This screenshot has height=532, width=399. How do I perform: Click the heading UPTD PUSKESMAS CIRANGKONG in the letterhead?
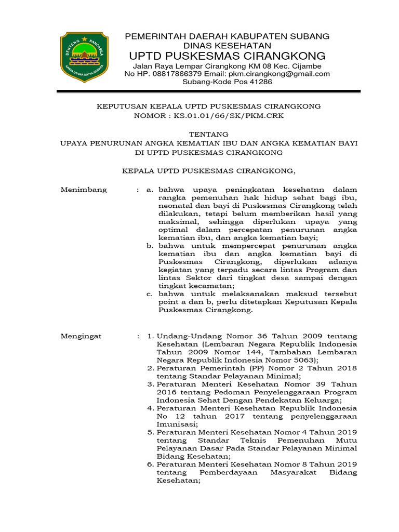[x=228, y=56]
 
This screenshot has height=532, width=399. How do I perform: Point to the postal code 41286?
[x=260, y=82]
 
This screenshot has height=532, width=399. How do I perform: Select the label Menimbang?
[x=84, y=190]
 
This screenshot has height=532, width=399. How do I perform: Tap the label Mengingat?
[x=82, y=336]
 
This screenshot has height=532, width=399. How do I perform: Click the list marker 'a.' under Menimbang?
[x=150, y=190]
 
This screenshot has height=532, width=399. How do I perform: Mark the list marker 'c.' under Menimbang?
[x=150, y=294]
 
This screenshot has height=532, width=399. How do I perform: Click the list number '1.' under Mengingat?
[x=151, y=336]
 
